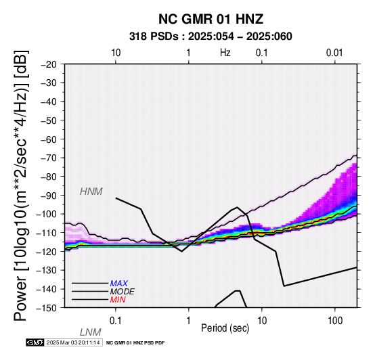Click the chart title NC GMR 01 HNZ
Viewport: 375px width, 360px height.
pyautogui.click(x=211, y=19)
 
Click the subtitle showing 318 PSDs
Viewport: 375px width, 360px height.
pyautogui.click(x=211, y=37)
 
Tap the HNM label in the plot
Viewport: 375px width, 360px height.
pyautogui.click(x=91, y=192)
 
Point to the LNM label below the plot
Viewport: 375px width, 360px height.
pyautogui.click(x=91, y=332)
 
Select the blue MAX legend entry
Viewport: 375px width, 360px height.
pyautogui.click(x=119, y=284)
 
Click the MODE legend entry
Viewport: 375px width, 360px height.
pyautogui.click(x=123, y=292)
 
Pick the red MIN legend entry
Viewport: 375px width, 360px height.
pyautogui.click(x=118, y=300)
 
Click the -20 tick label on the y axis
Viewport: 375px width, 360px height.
pyautogui.click(x=49, y=64)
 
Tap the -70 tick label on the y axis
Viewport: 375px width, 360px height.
pyautogui.click(x=49, y=158)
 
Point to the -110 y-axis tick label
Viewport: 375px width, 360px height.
pyautogui.click(x=47, y=233)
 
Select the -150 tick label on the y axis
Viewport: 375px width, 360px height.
pyautogui.click(x=47, y=308)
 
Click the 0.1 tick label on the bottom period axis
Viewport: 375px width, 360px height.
pyautogui.click(x=116, y=321)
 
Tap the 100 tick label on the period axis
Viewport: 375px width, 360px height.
pyautogui.click(x=335, y=321)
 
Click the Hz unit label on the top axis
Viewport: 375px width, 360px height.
pyautogui.click(x=225, y=53)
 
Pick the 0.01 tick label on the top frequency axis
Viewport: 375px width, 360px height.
pyautogui.click(x=334, y=53)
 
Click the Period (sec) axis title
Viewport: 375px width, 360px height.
pyautogui.click(x=225, y=328)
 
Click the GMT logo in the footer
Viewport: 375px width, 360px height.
pyautogui.click(x=35, y=342)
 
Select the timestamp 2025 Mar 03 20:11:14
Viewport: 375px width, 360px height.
pyautogui.click(x=73, y=342)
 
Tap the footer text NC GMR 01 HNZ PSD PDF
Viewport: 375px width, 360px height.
pyautogui.click(x=135, y=343)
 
